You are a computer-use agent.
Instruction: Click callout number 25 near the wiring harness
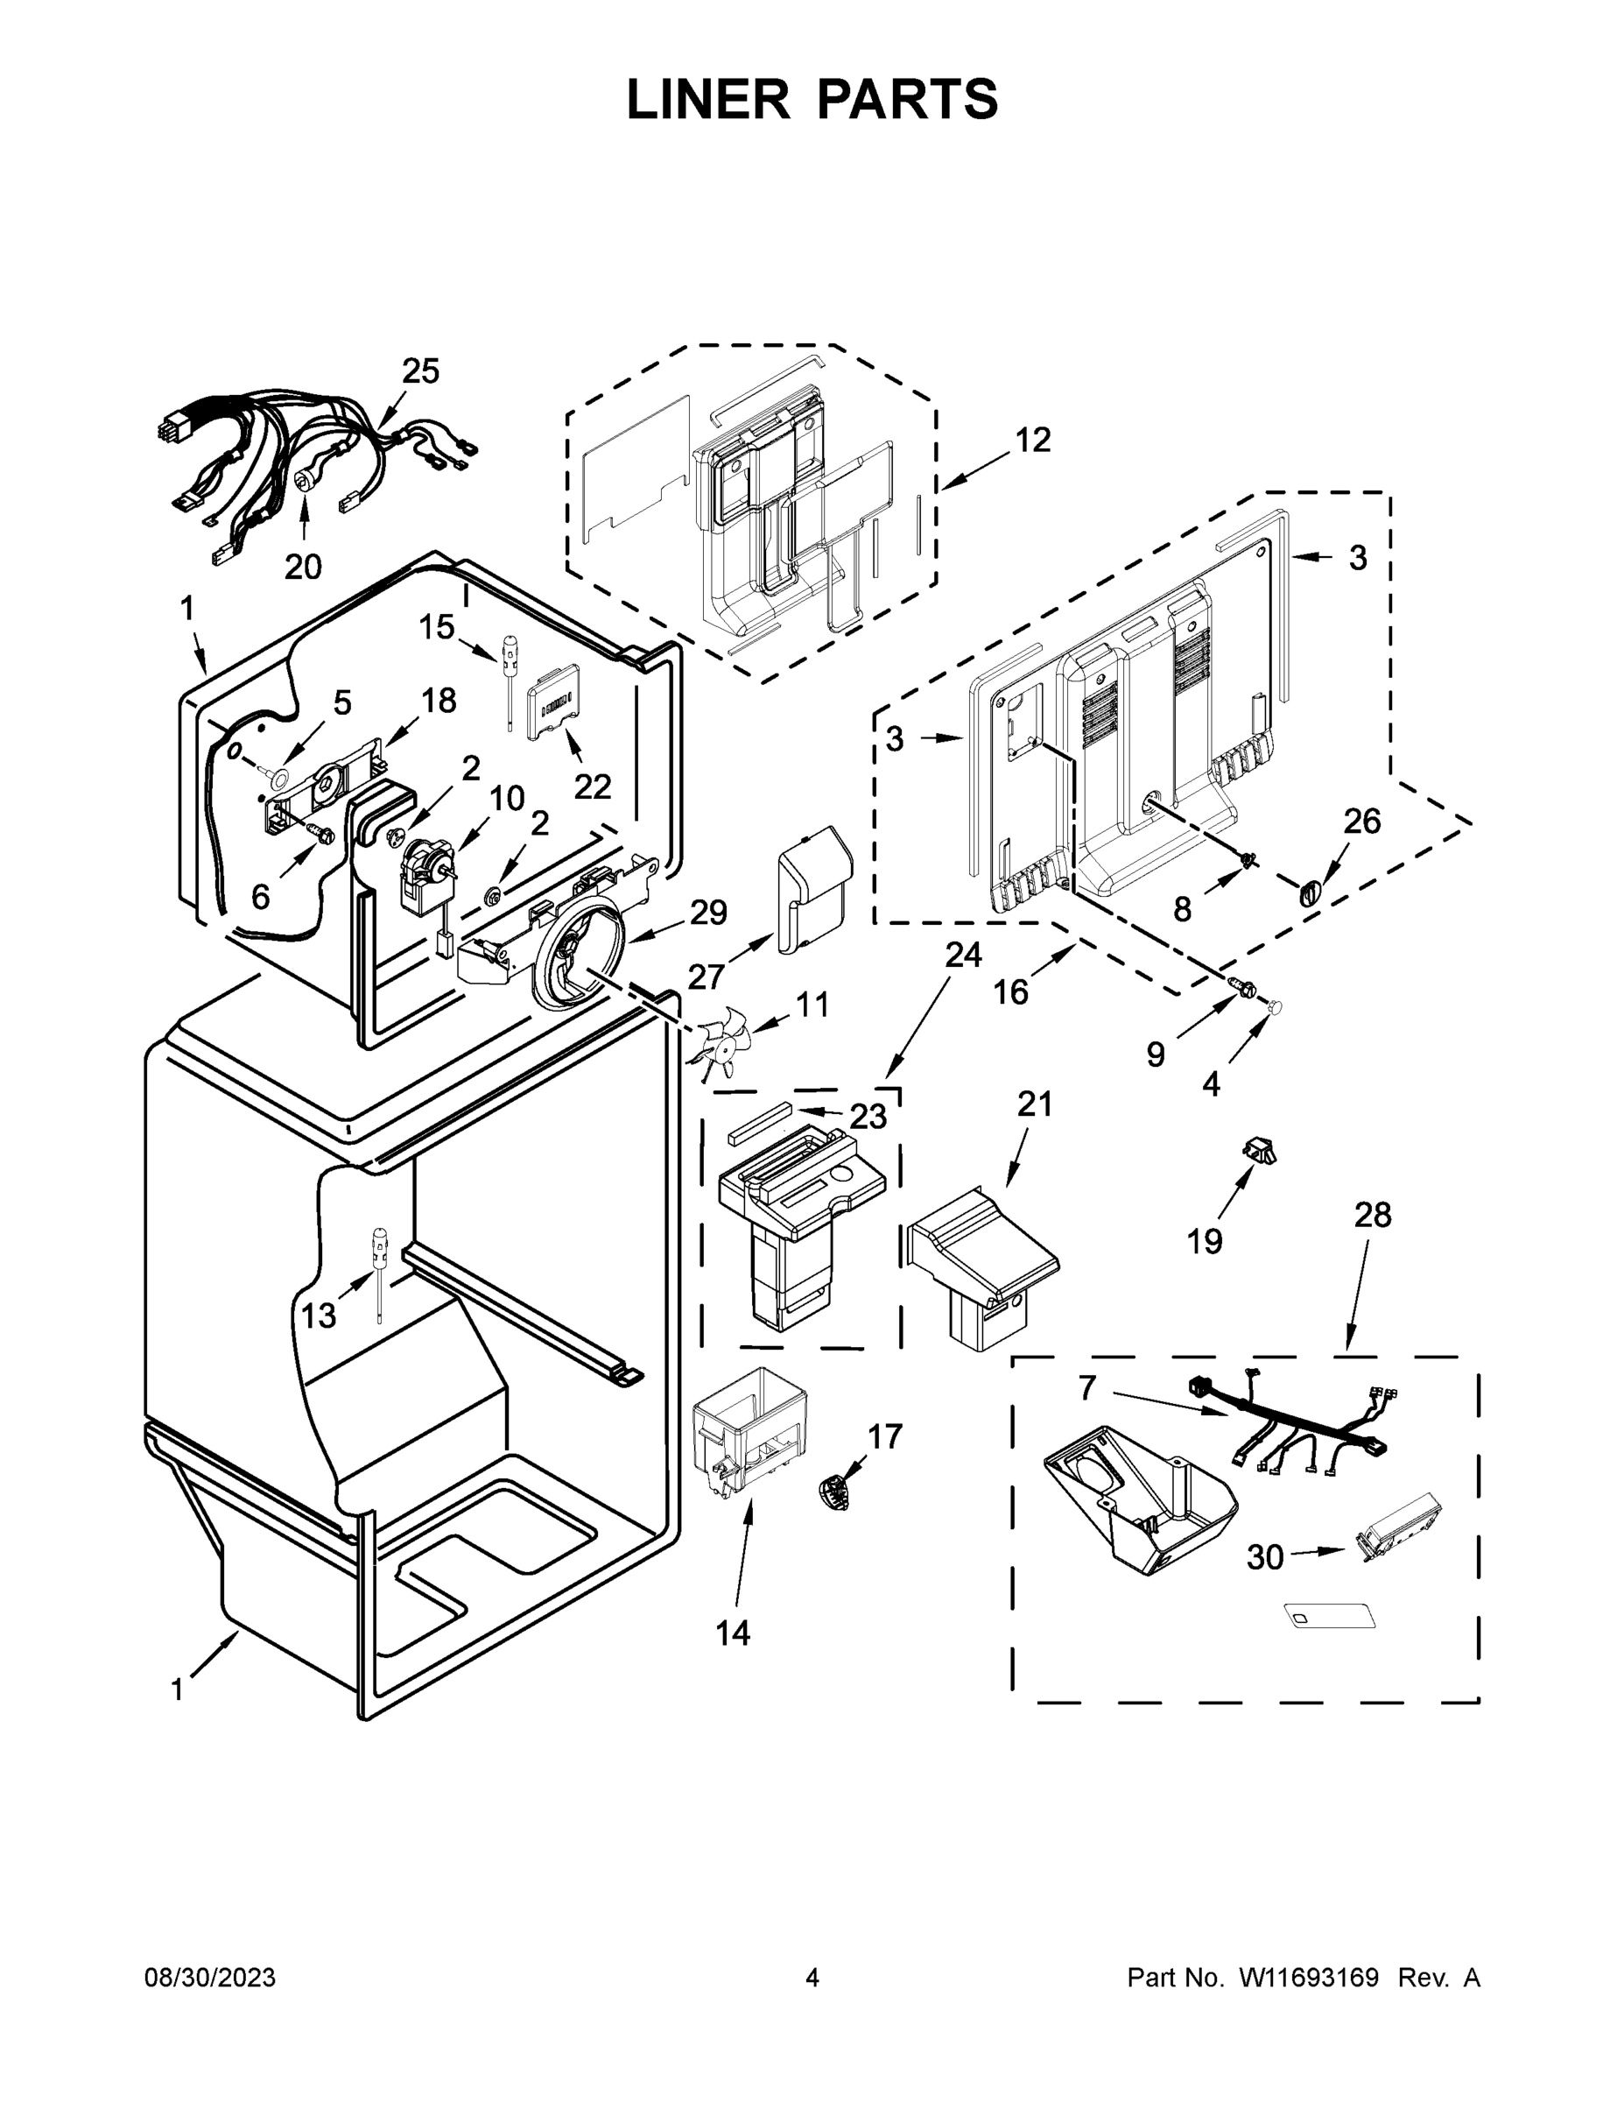coord(420,371)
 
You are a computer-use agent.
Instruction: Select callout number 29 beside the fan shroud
coord(708,913)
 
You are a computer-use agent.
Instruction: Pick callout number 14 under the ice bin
coord(733,1633)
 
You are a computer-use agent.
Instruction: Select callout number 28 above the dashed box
coord(1373,1216)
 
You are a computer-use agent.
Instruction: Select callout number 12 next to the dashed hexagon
coord(1033,441)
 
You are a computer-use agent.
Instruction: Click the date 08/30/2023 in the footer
coord(210,1979)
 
